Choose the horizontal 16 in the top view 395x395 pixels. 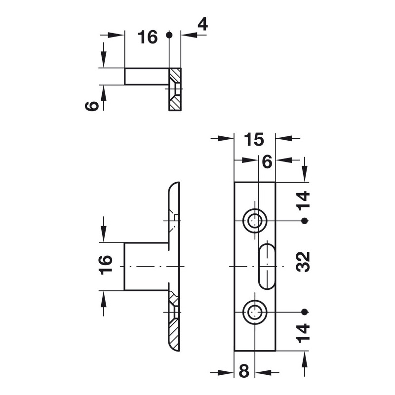coord(147,37)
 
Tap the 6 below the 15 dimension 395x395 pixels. coord(267,161)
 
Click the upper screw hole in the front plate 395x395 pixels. coord(255,220)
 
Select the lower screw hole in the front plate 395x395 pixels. coord(255,312)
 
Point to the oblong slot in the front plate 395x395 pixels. coord(266,266)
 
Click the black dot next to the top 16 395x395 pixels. coord(169,35)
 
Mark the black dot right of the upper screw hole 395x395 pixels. coord(304,220)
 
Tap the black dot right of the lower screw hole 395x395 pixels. coord(304,312)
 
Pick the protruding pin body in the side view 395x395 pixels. coord(146,267)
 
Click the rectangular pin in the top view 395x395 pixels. coord(146,77)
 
